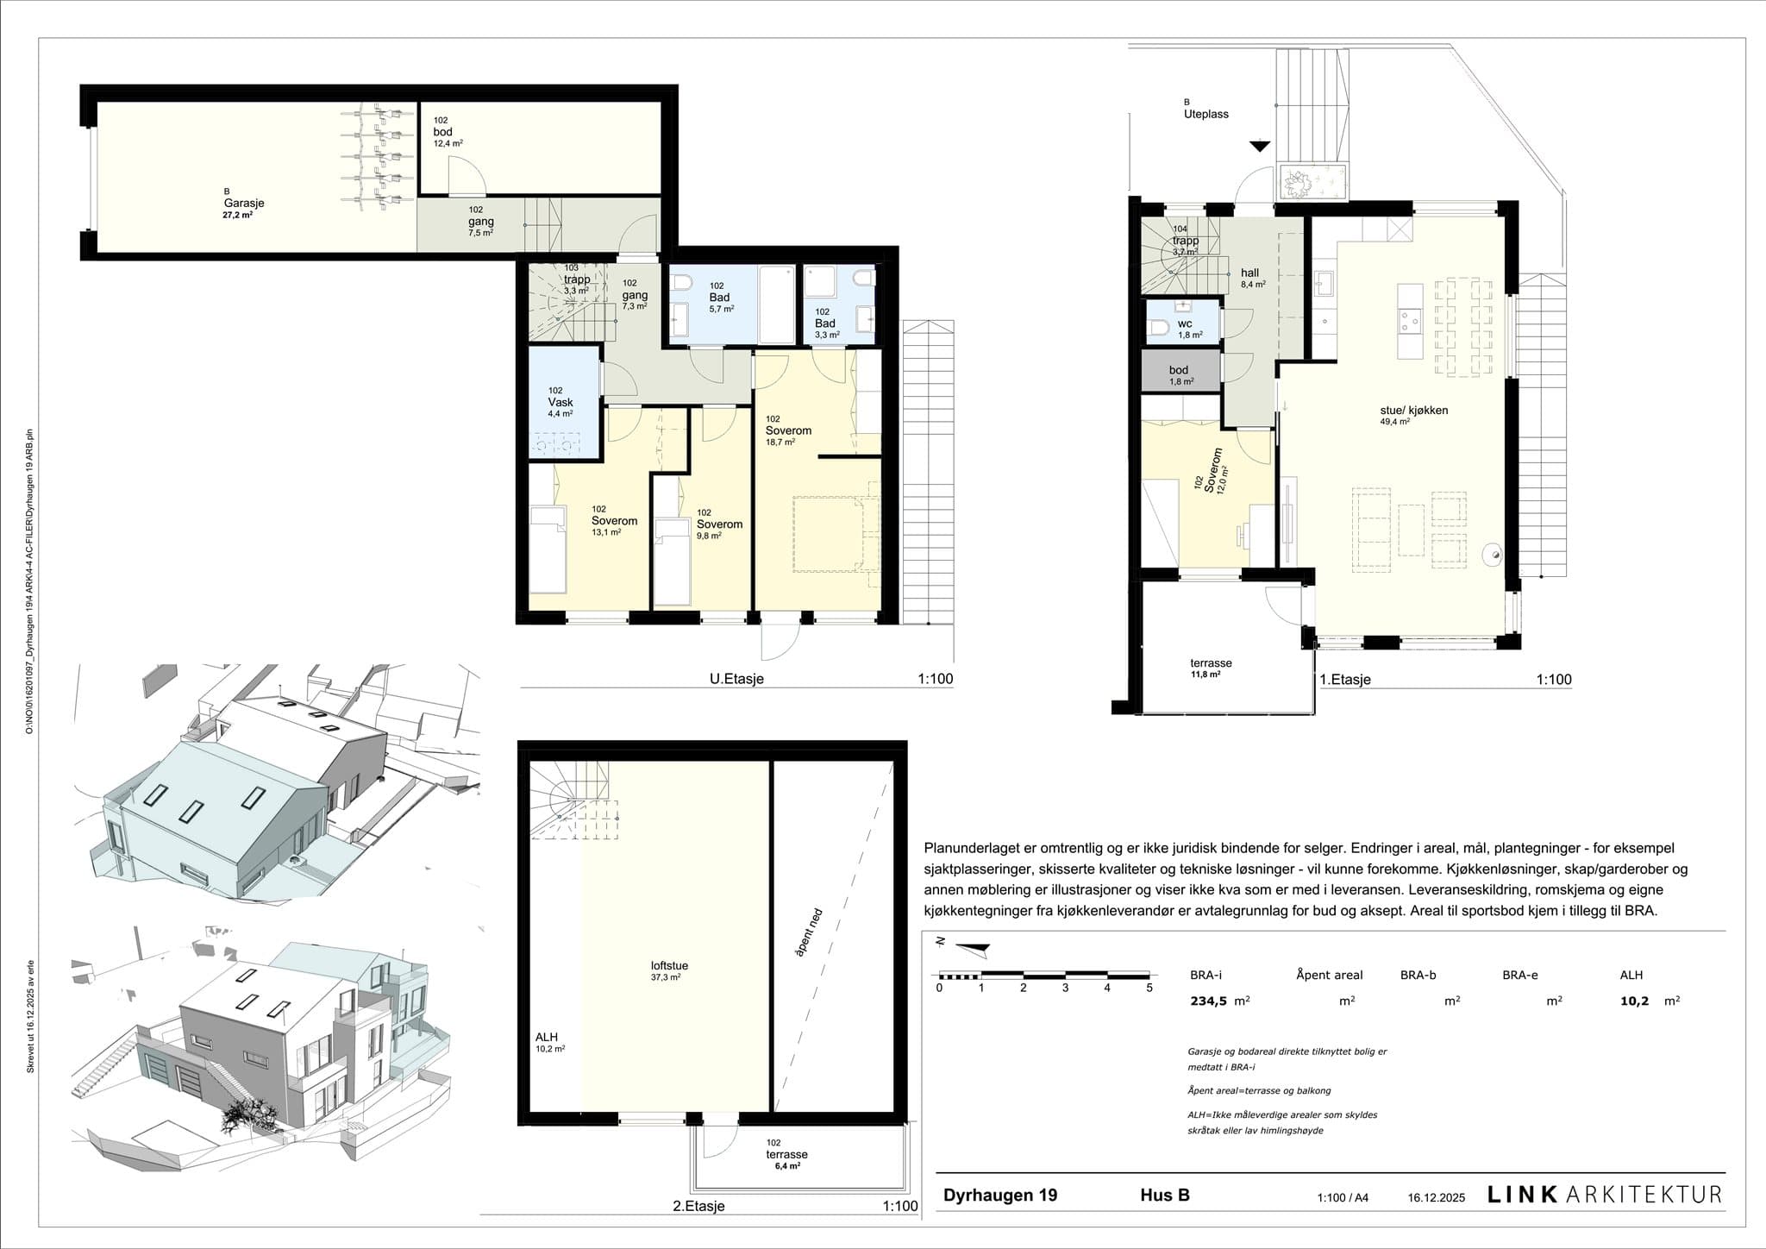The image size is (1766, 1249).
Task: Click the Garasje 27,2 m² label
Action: (242, 207)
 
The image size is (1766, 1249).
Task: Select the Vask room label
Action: (560, 403)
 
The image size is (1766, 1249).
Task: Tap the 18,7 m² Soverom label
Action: (788, 431)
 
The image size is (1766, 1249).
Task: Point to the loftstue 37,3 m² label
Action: (669, 970)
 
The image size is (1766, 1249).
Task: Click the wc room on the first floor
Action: (1184, 325)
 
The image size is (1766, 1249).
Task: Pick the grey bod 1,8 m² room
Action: (1180, 373)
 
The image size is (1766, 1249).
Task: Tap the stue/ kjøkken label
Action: (1413, 411)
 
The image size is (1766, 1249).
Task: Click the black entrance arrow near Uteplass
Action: (1260, 147)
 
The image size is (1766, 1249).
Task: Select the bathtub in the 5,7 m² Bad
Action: (775, 304)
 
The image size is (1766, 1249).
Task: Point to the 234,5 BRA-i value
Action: (1208, 1001)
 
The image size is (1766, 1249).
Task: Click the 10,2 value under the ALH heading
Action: (1636, 1001)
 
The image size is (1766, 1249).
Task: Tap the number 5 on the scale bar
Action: (1149, 989)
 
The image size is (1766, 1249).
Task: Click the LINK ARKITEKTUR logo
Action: (1604, 1195)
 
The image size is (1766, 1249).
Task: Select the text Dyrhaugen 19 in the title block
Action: (999, 1196)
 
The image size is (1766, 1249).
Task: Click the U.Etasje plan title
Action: (736, 679)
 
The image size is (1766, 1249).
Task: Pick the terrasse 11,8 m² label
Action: (1211, 668)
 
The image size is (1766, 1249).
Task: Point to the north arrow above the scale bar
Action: (971, 949)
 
